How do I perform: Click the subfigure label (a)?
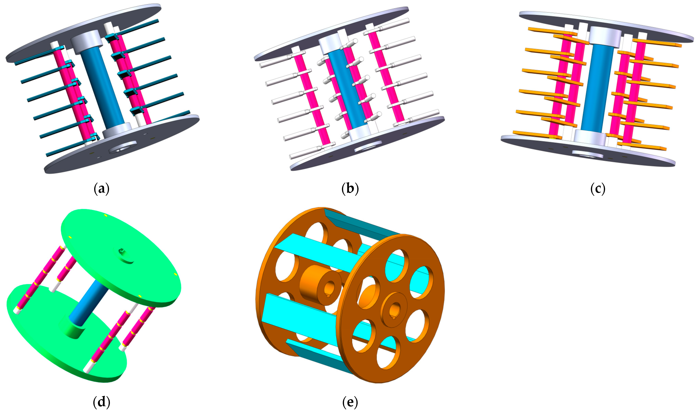coord(102,189)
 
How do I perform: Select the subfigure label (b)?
coord(350,189)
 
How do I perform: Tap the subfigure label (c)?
coord(598,189)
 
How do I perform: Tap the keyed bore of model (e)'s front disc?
coord(394,310)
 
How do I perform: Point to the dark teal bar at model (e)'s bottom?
coord(316,355)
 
